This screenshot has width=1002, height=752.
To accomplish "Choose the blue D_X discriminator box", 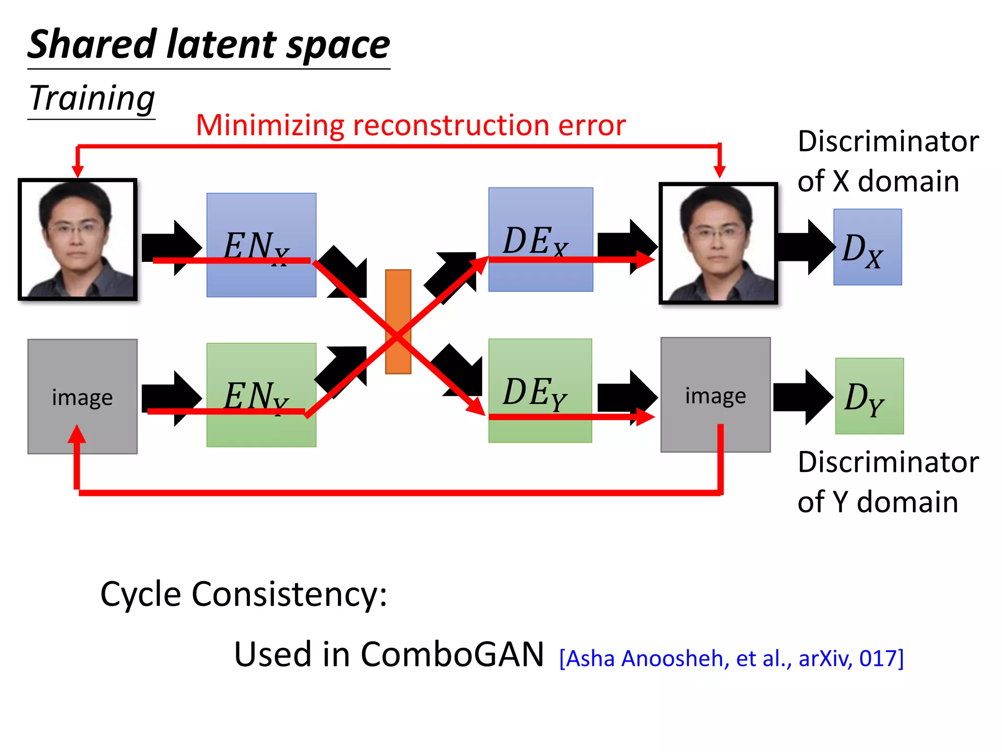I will (867, 247).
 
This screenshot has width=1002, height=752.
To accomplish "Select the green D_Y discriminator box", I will (869, 396).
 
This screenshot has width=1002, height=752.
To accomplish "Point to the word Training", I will (92, 98).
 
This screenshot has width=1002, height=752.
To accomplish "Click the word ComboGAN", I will (452, 654).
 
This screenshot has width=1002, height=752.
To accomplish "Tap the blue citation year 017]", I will (881, 658).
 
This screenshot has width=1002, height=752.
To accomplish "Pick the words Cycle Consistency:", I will (244, 594).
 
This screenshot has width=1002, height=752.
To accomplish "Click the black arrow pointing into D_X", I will (805, 247).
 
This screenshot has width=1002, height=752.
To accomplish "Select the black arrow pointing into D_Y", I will (802, 397).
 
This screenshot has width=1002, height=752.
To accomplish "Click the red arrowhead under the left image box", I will (77, 434).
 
